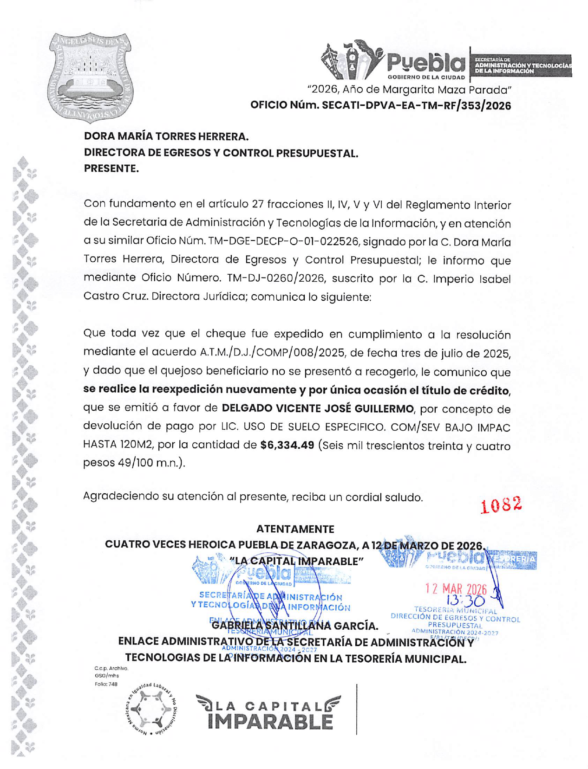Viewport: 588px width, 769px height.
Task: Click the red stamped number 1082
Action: pos(501,504)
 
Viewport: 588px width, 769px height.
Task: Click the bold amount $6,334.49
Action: pos(287,445)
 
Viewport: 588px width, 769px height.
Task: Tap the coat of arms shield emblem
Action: pos(90,77)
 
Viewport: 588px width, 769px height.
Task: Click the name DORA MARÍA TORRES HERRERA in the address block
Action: pos(166,136)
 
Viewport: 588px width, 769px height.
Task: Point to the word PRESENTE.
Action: pos(111,168)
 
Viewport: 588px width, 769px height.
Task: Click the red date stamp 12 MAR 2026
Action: pos(456,589)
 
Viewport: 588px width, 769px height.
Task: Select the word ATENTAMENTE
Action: pos(295,529)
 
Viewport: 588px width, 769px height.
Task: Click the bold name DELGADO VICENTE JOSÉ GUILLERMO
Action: pos(318,408)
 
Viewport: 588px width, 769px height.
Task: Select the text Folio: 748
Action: pos(106,684)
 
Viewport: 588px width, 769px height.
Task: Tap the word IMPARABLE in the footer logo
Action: pos(270,722)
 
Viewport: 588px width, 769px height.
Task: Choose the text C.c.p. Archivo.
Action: pos(111,668)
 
